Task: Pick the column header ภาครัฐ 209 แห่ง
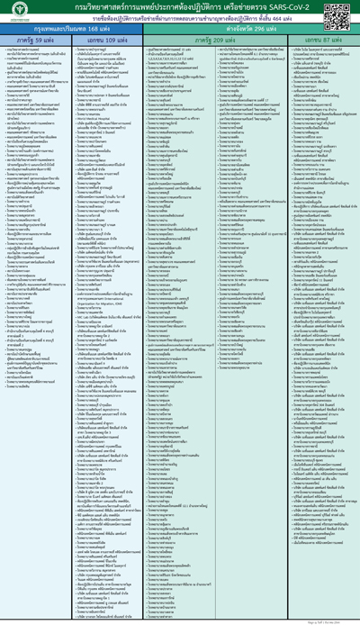(212, 41)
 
